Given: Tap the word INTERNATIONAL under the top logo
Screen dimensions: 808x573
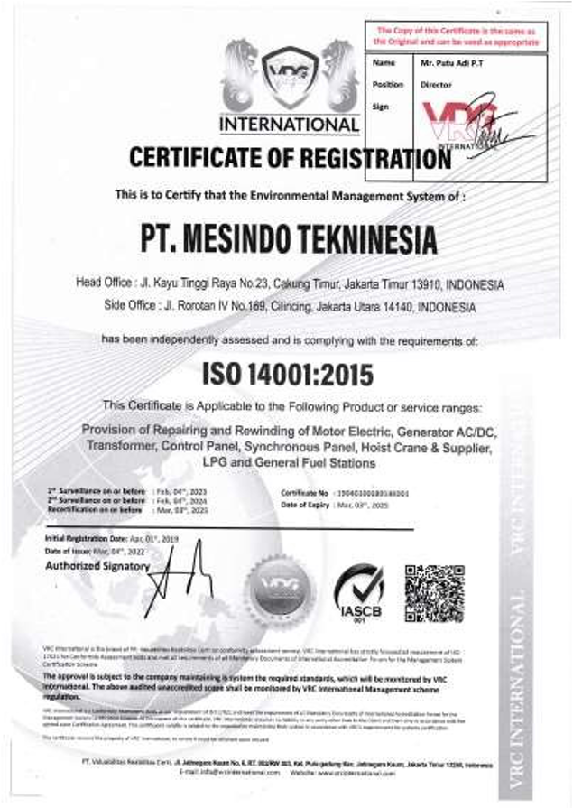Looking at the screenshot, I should click(289, 124).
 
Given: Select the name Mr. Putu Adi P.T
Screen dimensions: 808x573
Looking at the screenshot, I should click(448, 64).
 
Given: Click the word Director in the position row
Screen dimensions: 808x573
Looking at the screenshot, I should click(436, 85).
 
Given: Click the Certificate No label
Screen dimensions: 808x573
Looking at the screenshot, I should click(305, 494).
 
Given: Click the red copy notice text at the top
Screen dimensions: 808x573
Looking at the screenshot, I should click(455, 36).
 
